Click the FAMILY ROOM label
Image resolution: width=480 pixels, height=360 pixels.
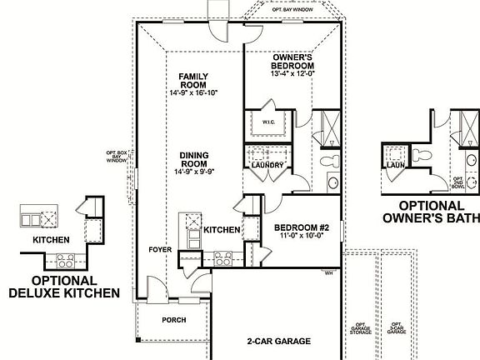(192, 80)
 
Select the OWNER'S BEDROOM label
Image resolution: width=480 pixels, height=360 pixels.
(292, 61)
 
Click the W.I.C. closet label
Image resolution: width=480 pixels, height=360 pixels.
(268, 122)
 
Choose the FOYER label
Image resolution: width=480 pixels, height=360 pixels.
(160, 249)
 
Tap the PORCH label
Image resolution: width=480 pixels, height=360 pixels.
(173, 319)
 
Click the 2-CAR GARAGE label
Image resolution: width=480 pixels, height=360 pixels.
(278, 341)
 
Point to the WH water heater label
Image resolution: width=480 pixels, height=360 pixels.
(328, 272)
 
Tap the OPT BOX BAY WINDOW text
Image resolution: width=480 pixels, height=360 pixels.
(117, 157)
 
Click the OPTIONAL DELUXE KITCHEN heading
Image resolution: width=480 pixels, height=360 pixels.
(64, 287)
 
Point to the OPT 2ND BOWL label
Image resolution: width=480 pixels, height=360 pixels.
(457, 182)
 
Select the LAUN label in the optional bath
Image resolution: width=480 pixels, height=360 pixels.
(395, 164)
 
